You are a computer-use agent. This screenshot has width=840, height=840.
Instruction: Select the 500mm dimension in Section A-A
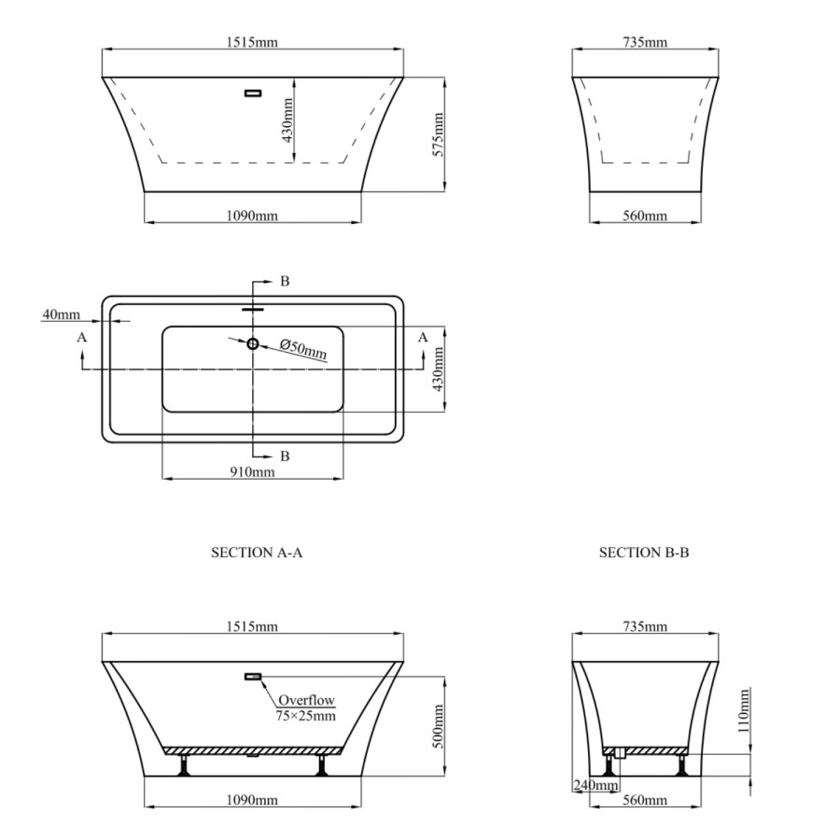pos(438,721)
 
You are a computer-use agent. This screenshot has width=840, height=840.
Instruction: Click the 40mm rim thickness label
pos(61,315)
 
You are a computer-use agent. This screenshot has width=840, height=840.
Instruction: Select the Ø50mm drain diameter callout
pos(303,349)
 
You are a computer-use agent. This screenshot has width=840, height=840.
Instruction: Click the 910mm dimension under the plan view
pos(252,472)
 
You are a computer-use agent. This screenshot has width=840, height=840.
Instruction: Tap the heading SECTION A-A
pos(257,553)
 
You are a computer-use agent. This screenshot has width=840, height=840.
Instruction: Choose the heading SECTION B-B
pos(644,553)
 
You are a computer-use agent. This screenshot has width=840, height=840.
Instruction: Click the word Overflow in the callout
pos(304,700)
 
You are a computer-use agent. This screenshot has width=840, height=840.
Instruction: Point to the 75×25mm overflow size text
pos(305,715)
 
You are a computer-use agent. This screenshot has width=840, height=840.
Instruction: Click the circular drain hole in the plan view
pos(252,343)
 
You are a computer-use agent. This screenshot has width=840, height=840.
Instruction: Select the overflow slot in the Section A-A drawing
pos(253,677)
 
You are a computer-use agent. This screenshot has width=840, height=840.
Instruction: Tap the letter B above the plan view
pos(285,281)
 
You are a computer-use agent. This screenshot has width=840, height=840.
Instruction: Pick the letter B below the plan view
pos(285,456)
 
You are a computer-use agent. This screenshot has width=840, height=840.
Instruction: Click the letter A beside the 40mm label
pos(82,337)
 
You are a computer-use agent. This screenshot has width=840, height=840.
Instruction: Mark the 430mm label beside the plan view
pos(438,370)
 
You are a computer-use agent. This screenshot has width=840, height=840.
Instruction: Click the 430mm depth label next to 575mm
pos(288,119)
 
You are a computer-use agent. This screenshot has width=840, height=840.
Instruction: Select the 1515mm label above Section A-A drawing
pos(253,626)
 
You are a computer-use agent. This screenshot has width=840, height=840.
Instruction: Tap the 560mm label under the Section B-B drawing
pos(644,801)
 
